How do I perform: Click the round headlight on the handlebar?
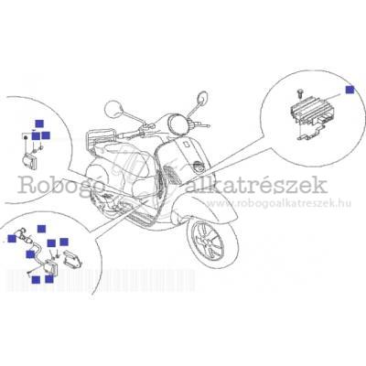click(178, 125)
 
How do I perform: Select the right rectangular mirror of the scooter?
click(202, 98)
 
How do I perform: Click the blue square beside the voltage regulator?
click(350, 90)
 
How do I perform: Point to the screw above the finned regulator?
click(300, 92)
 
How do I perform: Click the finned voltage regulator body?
click(308, 111)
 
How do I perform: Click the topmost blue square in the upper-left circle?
click(39, 124)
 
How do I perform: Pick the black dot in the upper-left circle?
click(26, 139)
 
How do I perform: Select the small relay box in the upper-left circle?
click(29, 160)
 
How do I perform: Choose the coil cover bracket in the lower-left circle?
click(72, 258)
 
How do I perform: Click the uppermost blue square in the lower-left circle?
click(41, 229)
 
